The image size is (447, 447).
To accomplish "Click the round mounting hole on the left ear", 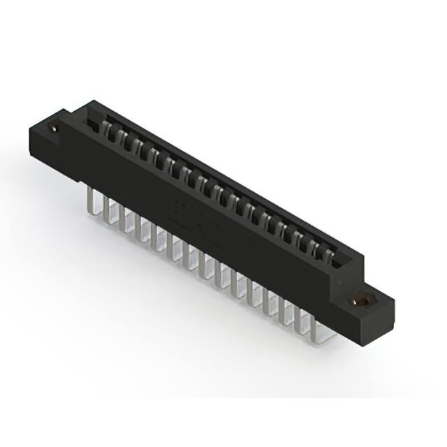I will (54, 128).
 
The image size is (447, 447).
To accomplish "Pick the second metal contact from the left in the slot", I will (120, 138).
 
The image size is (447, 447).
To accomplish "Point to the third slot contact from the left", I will (135, 147).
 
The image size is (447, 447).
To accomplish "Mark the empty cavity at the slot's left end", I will (90, 123).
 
